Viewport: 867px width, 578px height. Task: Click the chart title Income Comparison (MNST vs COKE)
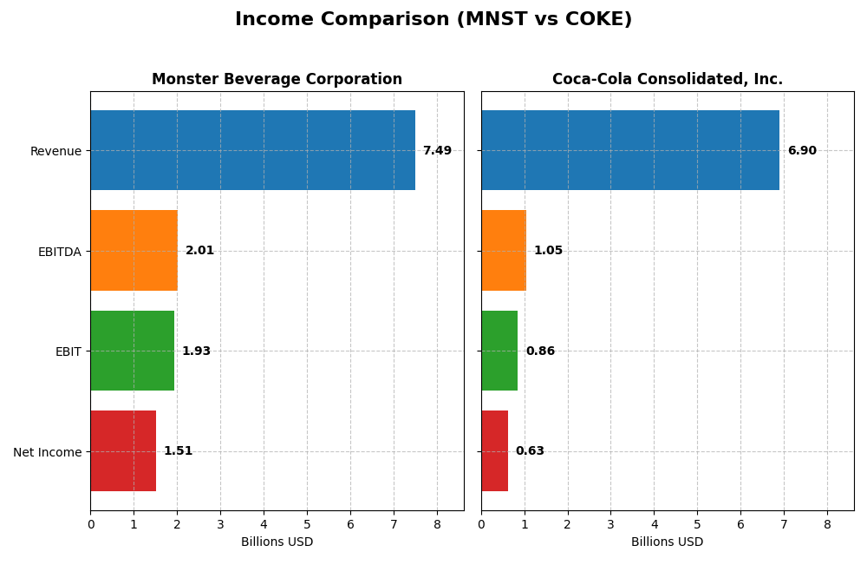coord(433,19)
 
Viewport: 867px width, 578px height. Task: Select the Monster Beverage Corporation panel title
coord(277,79)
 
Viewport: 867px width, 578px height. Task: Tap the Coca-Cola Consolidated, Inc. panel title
coord(667,79)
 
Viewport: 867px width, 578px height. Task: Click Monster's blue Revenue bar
coord(252,150)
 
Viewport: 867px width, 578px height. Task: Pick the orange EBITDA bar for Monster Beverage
coord(134,250)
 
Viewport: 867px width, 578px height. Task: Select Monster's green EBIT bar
coord(132,351)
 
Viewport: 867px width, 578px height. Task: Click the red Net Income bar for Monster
coord(123,450)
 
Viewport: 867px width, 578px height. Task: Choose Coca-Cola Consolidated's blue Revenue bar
coord(630,150)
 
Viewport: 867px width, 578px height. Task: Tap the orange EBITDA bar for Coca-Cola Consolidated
coord(504,250)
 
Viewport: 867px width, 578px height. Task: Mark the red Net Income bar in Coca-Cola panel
coord(494,450)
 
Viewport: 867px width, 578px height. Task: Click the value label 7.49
coord(437,151)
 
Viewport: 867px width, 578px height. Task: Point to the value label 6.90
coord(802,151)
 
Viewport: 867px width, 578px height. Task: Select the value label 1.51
coord(178,451)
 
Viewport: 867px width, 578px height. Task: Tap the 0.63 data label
coord(530,451)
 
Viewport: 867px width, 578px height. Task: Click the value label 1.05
coord(548,251)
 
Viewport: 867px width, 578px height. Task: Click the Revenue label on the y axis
coord(55,151)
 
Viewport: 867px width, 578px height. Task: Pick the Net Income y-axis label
coord(48,451)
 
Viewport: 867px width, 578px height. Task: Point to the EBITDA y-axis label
coord(59,252)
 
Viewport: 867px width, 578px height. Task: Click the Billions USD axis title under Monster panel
coord(277,542)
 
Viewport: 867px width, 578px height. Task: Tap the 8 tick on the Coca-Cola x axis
coord(827,524)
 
